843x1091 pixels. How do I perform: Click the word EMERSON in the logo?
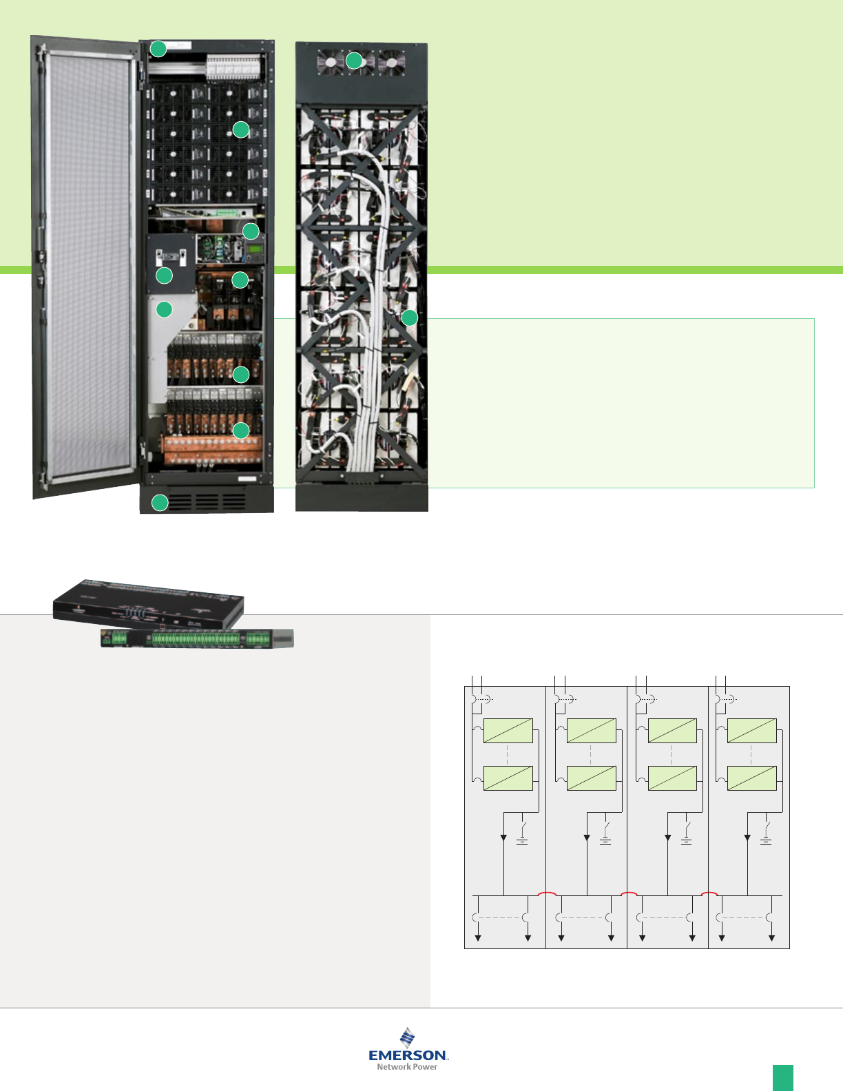point(408,1055)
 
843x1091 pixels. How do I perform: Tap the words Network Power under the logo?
point(407,1067)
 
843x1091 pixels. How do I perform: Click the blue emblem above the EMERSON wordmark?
point(408,1037)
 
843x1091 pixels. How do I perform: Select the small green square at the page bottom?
point(782,1077)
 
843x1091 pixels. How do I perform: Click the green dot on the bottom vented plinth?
point(160,503)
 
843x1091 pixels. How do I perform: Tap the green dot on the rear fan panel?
point(353,60)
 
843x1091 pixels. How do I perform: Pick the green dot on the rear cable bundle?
point(410,318)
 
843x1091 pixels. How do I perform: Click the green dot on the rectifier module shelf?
point(240,129)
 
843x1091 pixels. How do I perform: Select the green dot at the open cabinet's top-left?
point(158,49)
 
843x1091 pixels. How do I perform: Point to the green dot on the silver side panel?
point(164,309)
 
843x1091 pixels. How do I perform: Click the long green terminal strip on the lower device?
point(196,639)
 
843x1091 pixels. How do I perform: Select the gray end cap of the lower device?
point(284,638)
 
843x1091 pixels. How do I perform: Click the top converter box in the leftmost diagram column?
point(508,731)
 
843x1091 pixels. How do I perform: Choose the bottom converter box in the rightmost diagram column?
point(752,778)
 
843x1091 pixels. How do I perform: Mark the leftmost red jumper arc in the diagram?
point(548,893)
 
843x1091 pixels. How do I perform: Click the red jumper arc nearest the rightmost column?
point(709,893)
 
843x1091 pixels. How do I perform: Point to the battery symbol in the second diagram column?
point(605,841)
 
